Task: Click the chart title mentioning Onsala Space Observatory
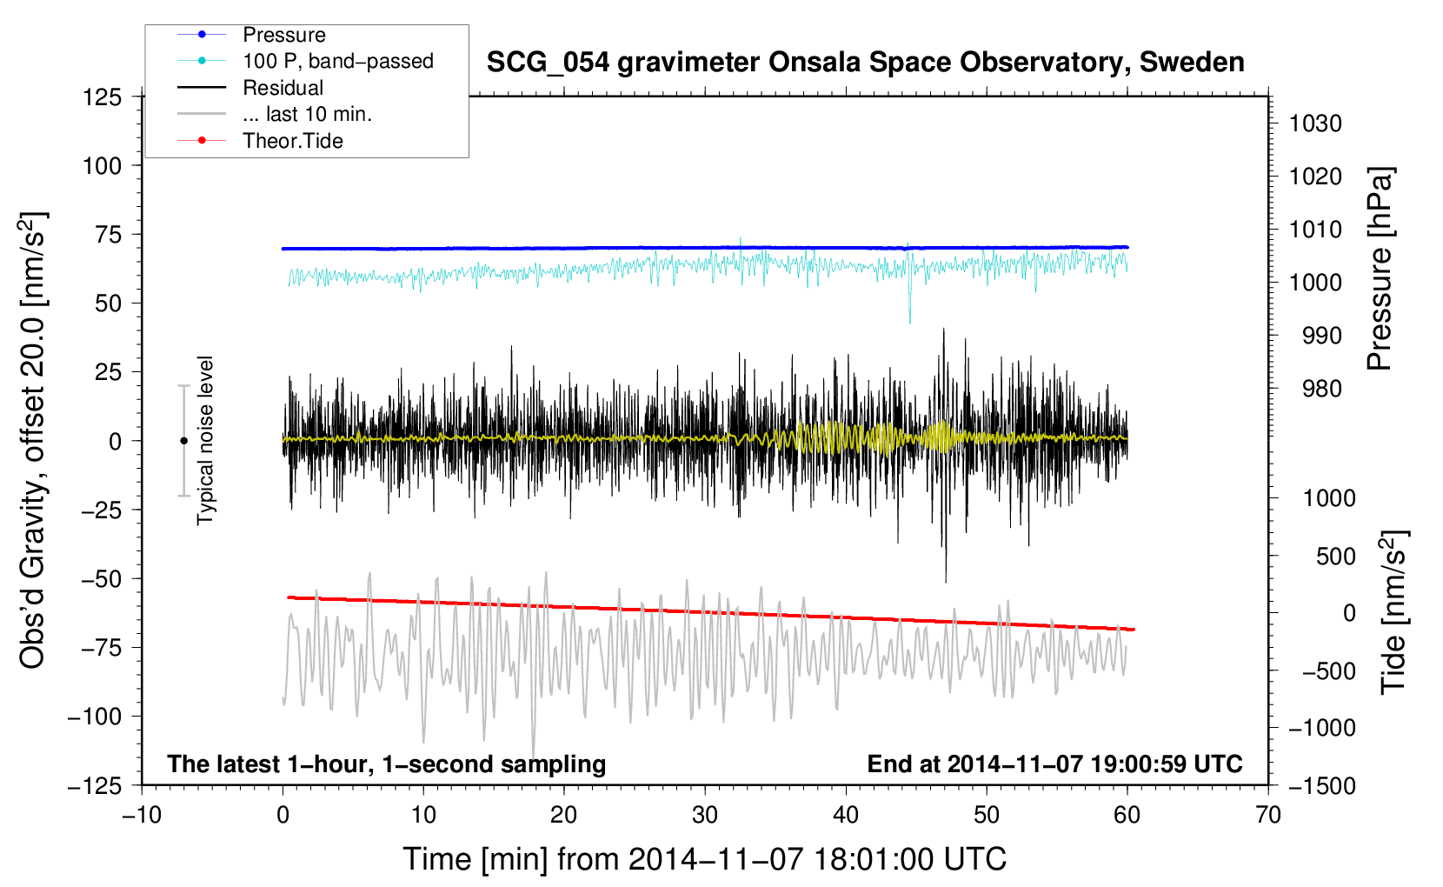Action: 865,63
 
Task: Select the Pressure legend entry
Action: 283,35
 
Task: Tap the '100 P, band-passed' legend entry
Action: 337,61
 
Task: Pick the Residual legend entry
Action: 283,88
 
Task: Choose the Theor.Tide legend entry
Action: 292,141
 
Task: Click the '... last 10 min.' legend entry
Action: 307,114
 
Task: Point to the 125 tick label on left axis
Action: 102,97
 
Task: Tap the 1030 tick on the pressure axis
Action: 1315,123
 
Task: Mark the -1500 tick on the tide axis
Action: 1321,785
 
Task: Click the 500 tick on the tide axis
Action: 1335,556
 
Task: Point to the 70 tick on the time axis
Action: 1268,815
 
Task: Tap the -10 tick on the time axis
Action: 142,815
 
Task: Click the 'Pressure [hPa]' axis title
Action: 1380,269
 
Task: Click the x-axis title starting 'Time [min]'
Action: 704,859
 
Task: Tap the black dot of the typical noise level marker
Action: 183,441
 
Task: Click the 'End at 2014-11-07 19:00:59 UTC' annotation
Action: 1054,764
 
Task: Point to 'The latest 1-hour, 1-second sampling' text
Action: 386,764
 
